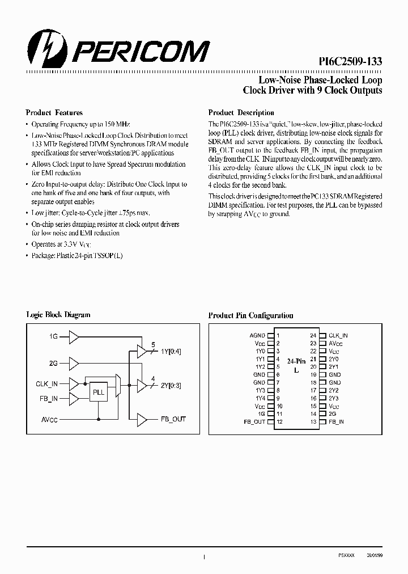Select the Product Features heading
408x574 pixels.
coord(54,113)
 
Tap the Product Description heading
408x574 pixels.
coord(241,113)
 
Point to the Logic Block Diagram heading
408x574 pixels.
coord(58,315)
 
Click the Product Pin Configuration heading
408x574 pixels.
coord(251,315)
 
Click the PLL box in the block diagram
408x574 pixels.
coord(99,392)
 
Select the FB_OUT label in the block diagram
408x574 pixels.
coord(173,420)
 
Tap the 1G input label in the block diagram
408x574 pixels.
coord(53,337)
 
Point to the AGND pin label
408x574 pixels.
coord(257,335)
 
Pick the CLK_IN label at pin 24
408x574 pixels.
coord(338,335)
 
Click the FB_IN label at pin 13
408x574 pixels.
coord(336,422)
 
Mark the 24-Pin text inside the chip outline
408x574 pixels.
coord(296,361)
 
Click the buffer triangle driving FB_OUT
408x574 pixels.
coord(141,420)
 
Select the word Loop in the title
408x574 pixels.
coord(369,80)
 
